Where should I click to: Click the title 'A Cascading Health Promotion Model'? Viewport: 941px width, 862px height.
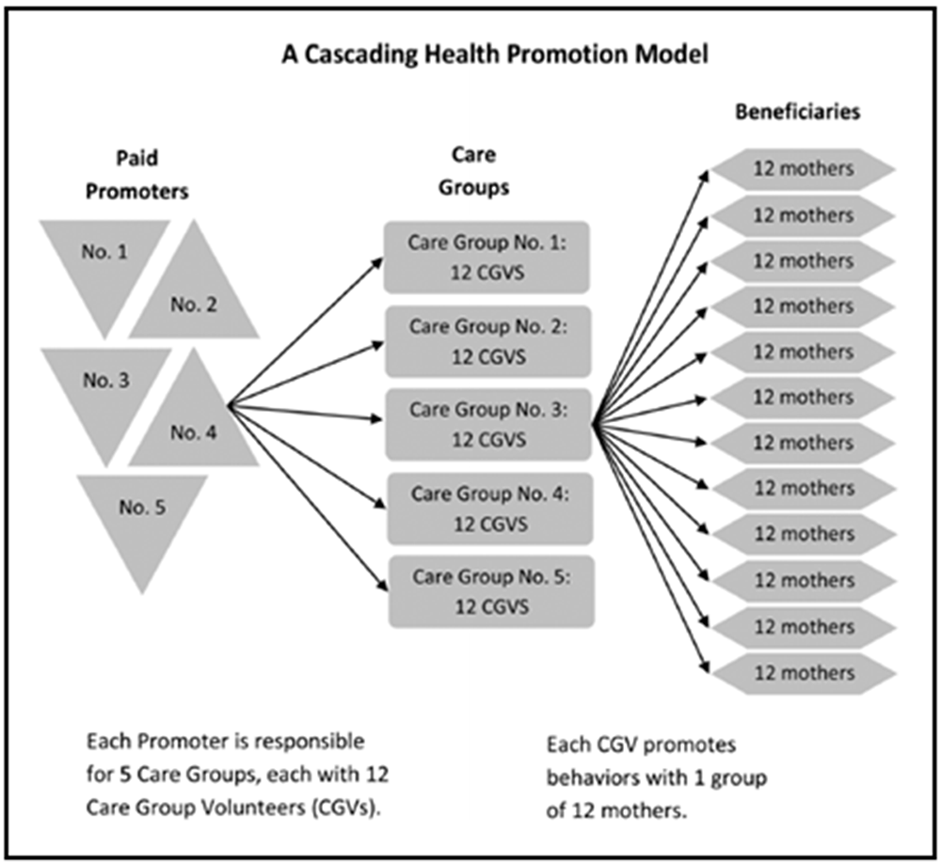pyautogui.click(x=495, y=54)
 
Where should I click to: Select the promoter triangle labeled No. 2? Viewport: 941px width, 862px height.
pyautogui.click(x=194, y=293)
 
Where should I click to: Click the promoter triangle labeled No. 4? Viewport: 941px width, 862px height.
pyautogui.click(x=194, y=423)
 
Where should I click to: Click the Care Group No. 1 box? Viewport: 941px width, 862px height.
pyautogui.click(x=486, y=258)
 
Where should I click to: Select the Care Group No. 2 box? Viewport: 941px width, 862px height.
pyautogui.click(x=487, y=341)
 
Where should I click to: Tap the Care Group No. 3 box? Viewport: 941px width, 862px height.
pyautogui.click(x=488, y=425)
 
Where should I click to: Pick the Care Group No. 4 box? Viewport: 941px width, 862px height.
pyautogui.click(x=490, y=509)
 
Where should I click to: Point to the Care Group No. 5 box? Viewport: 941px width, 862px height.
pyautogui.click(x=491, y=592)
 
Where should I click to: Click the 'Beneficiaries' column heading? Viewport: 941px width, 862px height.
pyautogui.click(x=798, y=112)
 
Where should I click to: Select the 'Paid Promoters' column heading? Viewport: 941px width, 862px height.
pyautogui.click(x=136, y=175)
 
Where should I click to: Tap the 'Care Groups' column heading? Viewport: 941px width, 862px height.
pyautogui.click(x=473, y=171)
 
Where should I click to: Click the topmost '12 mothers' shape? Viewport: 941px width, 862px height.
pyautogui.click(x=803, y=169)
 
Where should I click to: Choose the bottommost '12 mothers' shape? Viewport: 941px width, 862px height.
pyautogui.click(x=805, y=674)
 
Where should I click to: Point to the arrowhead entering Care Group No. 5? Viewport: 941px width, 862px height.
pyautogui.click(x=382, y=587)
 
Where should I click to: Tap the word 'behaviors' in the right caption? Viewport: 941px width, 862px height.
pyautogui.click(x=592, y=778)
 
